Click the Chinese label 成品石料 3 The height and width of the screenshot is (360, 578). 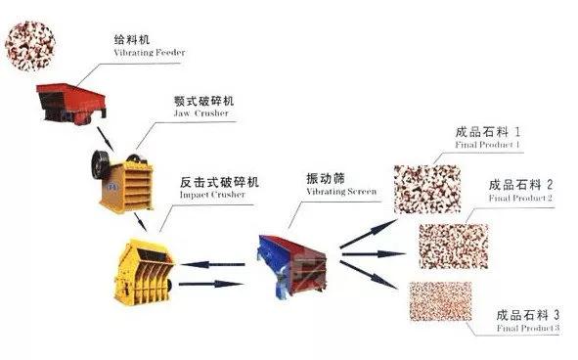tap(528, 315)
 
